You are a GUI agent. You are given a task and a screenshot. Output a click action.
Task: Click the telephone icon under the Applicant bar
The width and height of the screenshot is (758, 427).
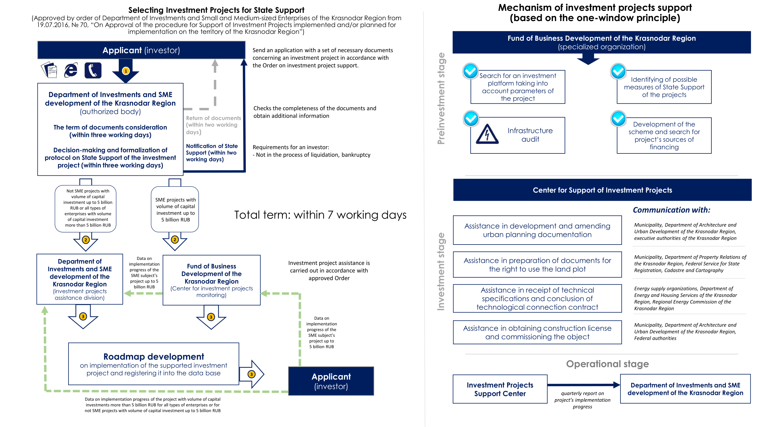93,70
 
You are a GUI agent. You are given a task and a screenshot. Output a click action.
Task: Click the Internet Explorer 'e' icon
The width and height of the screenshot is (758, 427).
71,70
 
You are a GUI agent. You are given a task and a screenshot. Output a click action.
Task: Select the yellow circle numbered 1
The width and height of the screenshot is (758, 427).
126,71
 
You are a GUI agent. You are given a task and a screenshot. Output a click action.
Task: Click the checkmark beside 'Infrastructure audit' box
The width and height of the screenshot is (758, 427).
471,118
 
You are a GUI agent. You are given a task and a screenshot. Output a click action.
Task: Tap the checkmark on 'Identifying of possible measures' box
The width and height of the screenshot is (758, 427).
618,71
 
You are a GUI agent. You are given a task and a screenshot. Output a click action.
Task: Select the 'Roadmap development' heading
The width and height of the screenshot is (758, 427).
153,357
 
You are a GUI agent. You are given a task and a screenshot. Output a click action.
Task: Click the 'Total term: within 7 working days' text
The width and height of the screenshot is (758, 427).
320,215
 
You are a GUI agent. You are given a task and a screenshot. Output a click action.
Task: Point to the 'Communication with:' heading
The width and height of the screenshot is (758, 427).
671,210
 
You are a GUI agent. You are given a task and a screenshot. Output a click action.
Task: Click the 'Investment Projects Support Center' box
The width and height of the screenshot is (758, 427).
500,389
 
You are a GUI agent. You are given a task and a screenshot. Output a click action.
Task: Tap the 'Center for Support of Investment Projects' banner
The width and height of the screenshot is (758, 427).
602,190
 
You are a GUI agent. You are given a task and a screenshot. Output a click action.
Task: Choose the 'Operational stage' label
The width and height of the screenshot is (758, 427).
607,364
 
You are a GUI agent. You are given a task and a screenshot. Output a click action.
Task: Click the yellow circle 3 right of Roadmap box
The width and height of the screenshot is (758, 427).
251,374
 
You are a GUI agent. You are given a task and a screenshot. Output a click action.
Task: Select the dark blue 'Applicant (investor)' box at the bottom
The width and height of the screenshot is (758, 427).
331,381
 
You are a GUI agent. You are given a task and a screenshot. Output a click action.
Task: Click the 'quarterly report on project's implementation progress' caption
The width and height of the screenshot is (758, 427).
582,400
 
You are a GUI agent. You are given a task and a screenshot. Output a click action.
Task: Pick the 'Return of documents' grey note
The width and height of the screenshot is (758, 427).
213,125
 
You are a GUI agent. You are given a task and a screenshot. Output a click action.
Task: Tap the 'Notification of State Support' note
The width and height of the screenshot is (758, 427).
211,153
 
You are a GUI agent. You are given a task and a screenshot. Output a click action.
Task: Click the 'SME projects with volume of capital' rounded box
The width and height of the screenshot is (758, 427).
175,210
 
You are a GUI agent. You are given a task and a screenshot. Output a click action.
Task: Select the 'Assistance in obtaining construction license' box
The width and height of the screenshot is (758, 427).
537,332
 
